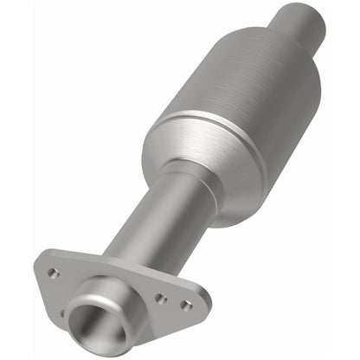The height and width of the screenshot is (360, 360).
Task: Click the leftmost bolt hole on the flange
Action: (x=54, y=273)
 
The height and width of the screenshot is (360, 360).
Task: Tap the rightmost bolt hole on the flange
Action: (x=185, y=305)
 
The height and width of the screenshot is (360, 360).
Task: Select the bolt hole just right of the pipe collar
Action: (x=161, y=298)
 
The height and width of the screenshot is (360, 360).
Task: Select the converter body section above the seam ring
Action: (x=260, y=82)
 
